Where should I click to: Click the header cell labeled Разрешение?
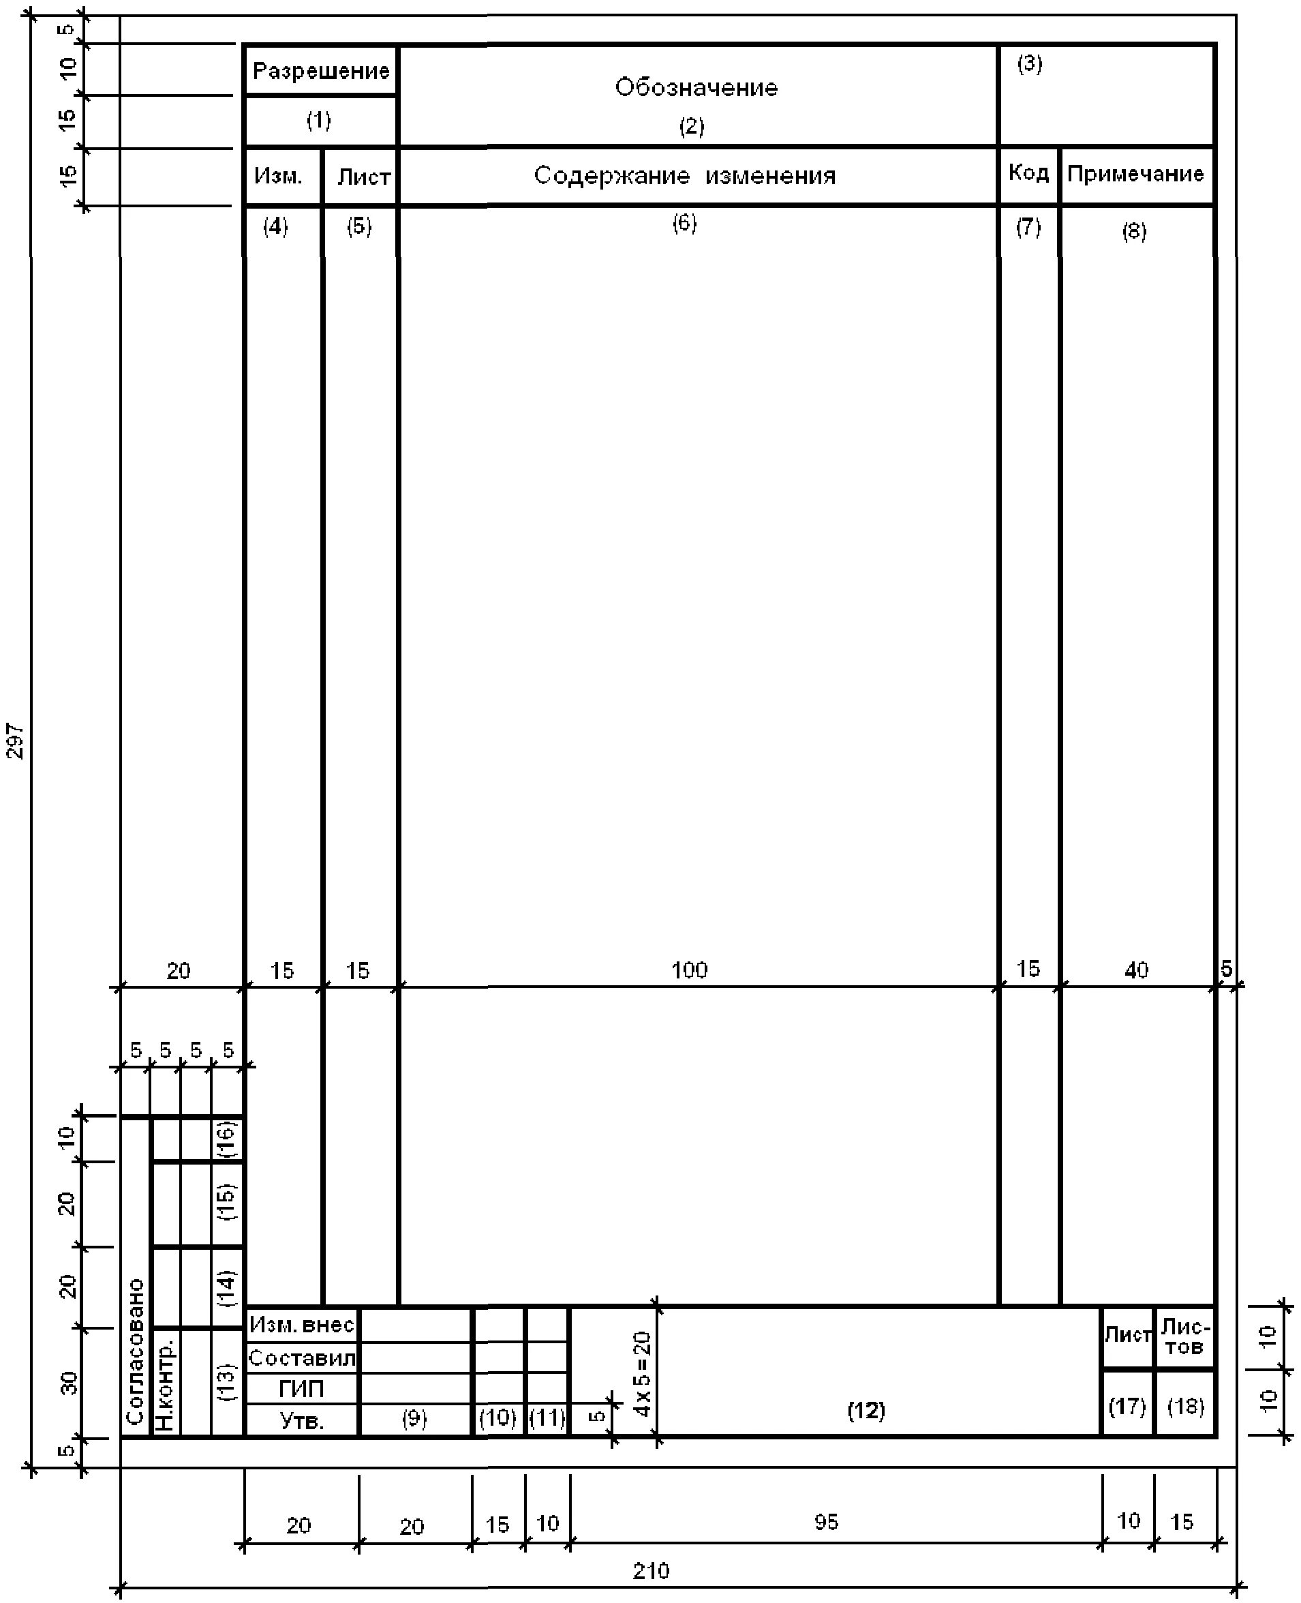[x=321, y=71]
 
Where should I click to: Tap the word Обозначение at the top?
[x=697, y=88]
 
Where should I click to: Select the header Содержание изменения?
[x=684, y=175]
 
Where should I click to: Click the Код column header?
[x=1028, y=173]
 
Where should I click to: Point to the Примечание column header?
[x=1135, y=174]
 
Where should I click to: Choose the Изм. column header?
[x=278, y=176]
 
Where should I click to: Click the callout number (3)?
[x=1030, y=63]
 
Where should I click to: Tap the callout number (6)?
[x=684, y=224]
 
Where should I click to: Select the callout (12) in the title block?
[x=866, y=1410]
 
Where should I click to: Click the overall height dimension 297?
[x=16, y=740]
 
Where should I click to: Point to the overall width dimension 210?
[x=650, y=1570]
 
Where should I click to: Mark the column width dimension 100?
[x=690, y=970]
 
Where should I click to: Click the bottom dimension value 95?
[x=827, y=1521]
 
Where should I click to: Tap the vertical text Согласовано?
[x=136, y=1351]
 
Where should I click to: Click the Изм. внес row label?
[x=301, y=1325]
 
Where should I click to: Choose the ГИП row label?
[x=301, y=1390]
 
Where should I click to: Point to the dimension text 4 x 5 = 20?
[x=642, y=1374]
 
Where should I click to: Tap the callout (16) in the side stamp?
[x=226, y=1139]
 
